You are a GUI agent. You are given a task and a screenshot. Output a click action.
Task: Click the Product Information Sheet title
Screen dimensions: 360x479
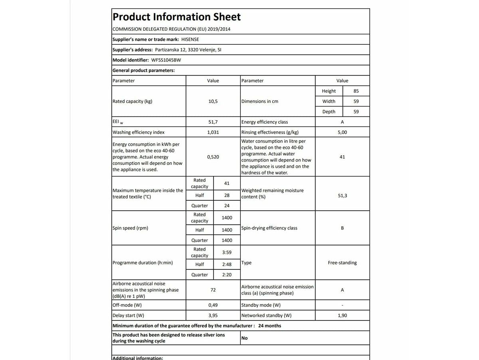[x=176, y=17]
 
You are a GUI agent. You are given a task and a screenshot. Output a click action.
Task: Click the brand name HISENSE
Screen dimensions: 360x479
[x=190, y=40]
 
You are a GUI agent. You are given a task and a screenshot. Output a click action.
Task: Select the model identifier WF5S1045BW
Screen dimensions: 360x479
[x=166, y=60]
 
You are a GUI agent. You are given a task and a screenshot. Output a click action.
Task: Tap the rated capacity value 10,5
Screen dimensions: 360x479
[x=213, y=101]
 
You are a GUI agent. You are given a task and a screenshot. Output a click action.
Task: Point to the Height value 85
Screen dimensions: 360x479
[x=356, y=91]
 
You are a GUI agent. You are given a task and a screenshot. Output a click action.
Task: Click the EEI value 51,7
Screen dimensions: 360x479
[x=213, y=122]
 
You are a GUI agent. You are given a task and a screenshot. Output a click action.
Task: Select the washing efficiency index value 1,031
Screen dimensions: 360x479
[x=213, y=133]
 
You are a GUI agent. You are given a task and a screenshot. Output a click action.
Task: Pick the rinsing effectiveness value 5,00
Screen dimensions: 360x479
[x=342, y=133]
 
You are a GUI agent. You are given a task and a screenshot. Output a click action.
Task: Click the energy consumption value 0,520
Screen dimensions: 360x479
[x=213, y=157]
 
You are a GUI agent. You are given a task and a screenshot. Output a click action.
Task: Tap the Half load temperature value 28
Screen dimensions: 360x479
[x=227, y=195]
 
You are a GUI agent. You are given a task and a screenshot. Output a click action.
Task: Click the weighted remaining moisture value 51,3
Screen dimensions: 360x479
[x=342, y=196]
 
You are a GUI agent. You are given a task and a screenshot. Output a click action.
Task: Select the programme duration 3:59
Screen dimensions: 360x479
[x=227, y=252]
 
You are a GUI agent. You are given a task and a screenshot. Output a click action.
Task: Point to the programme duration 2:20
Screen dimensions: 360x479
[x=227, y=275]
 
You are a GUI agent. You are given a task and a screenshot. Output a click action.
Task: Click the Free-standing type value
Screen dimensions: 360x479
[x=342, y=263]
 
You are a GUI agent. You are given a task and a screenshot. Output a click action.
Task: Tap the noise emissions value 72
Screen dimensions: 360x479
[x=213, y=290]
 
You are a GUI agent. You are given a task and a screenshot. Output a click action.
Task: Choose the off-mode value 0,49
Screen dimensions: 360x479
[x=213, y=305]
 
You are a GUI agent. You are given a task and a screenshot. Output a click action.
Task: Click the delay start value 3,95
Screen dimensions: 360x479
[x=213, y=315]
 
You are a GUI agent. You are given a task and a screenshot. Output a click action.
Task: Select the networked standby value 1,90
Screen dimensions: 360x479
[x=342, y=315]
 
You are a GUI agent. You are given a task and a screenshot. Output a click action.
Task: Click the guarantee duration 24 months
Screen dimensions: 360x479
[x=269, y=326]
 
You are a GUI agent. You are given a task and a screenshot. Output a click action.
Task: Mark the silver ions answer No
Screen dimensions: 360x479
[x=244, y=338]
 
